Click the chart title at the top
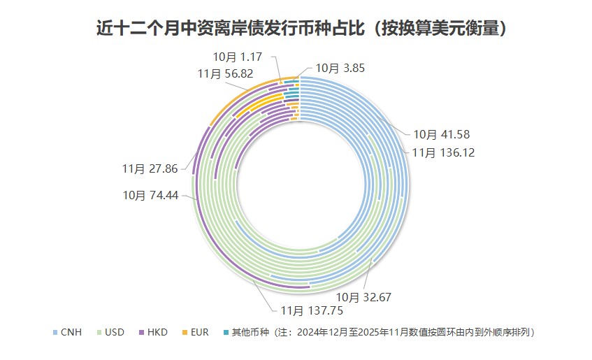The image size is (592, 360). tap(301, 29)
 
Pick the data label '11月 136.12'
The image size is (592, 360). tap(442, 152)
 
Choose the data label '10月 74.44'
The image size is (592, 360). tap(150, 195)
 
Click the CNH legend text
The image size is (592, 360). tap(71, 332)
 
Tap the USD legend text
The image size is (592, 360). tap(115, 332)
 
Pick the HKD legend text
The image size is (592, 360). tap(157, 332)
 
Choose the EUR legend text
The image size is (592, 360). tap(199, 332)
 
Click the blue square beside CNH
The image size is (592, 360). tap(55, 332)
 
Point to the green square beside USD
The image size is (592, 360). tap(99, 332)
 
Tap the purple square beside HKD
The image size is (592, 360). tap(141, 332)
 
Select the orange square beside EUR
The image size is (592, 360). tap(184, 332)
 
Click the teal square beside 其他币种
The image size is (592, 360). tap(226, 332)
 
